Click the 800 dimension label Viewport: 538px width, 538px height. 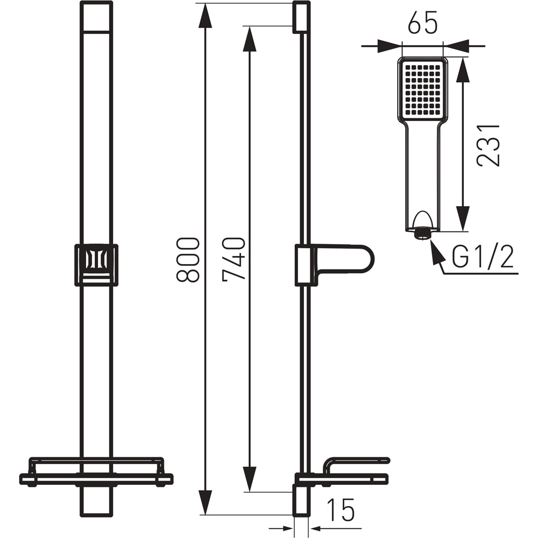(x=189, y=259)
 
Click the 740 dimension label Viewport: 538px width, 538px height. (x=234, y=258)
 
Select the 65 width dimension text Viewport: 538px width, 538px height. (x=422, y=24)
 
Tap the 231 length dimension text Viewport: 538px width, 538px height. (x=489, y=145)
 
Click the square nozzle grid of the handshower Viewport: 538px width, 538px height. (x=422, y=89)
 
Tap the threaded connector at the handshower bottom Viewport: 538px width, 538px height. (x=422, y=234)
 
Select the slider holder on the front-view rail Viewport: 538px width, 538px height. (x=96, y=264)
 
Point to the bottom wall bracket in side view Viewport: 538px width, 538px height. (x=301, y=500)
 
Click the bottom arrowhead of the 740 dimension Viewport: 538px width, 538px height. (x=249, y=479)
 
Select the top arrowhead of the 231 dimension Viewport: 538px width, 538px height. (x=462, y=70)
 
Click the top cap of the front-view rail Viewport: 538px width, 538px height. (x=96, y=16)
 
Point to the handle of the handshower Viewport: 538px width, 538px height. (x=422, y=172)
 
